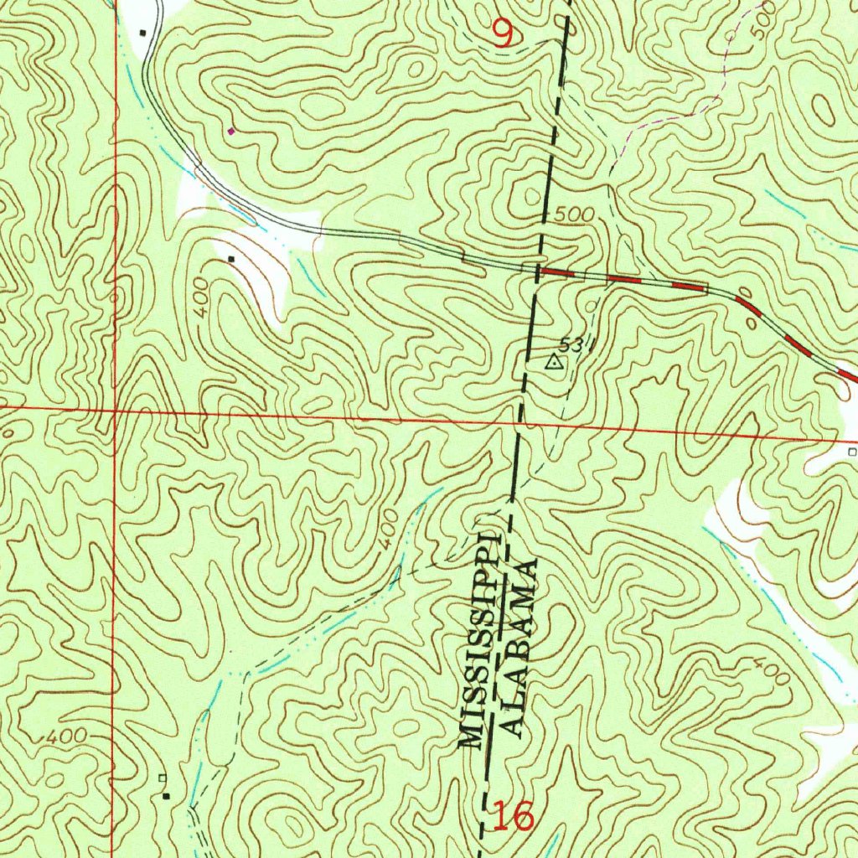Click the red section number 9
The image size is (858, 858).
(502, 34)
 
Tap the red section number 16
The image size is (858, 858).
(512, 815)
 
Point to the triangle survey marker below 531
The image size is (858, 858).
(553, 363)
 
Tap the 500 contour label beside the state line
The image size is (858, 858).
(574, 215)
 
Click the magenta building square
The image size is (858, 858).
(231, 131)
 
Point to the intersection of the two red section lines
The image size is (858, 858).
(114, 410)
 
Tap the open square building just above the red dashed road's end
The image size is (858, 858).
(852, 452)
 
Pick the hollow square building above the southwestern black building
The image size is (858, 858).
(163, 778)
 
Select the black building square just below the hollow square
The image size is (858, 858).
(166, 795)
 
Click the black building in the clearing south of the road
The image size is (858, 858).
(231, 259)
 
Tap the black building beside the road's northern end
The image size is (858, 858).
(142, 33)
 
